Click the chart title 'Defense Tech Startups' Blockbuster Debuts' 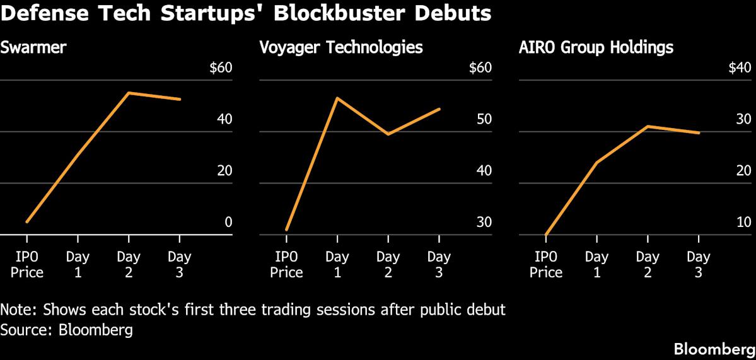coord(246,13)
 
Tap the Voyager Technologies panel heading coord(341,47)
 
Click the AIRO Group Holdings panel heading coord(596,47)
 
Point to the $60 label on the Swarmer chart coord(221,68)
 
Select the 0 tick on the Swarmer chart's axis coord(228,223)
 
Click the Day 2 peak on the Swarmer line coord(129,93)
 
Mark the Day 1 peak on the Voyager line coord(337,98)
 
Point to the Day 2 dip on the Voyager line coord(388,134)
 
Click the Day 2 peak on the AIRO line coord(648,126)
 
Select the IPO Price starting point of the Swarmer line coord(27,222)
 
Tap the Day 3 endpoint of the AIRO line coord(699,132)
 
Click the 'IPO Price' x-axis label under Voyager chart coord(286,265)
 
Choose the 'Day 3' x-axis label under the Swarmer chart coord(180,265)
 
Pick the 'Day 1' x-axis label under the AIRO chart coord(596,265)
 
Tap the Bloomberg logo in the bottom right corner coord(714,349)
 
